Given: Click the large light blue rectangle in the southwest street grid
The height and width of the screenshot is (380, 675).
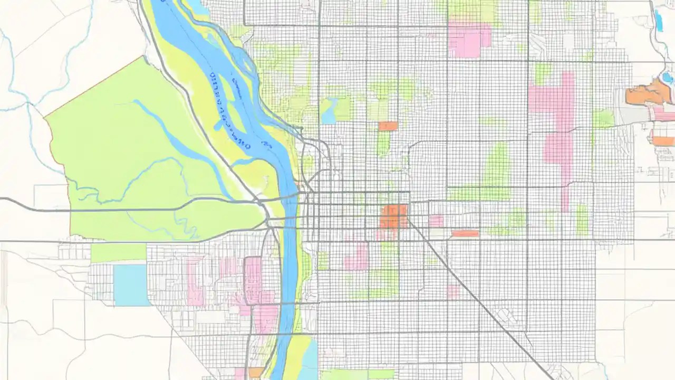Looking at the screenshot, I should tap(132, 285).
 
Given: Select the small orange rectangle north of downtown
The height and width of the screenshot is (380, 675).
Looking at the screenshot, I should tap(388, 126).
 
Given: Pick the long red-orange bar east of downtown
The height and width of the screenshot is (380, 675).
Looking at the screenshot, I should tap(465, 233).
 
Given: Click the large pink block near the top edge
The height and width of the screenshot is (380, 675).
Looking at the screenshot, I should tap(469, 40).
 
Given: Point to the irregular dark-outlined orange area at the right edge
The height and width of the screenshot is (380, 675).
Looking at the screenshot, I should tap(648, 94).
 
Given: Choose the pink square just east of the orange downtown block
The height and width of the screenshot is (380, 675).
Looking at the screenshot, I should tap(436, 221).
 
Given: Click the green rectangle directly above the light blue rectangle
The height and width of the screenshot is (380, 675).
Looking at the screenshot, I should tap(118, 253).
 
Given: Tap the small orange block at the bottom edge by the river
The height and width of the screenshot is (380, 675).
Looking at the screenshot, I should tap(256, 373).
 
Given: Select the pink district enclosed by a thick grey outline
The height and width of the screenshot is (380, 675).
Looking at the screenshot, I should tap(253, 280).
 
